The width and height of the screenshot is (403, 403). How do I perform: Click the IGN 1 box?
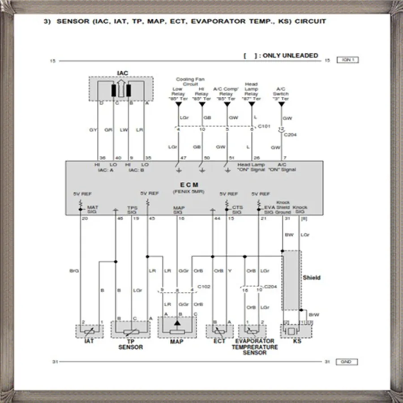tap(348, 60)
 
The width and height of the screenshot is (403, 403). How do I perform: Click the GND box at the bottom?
tap(348, 362)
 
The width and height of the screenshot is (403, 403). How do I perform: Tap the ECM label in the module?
tap(189, 184)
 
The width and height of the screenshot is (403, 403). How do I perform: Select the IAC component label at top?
tap(122, 73)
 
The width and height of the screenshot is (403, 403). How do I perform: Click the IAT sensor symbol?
tap(89, 332)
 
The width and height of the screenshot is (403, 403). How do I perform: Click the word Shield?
tap(312, 278)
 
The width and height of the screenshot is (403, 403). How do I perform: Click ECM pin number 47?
tap(183, 158)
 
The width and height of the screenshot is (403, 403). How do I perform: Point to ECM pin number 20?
tap(84, 219)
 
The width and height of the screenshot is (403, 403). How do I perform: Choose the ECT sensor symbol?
tap(219, 332)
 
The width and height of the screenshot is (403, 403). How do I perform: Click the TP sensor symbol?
tap(130, 332)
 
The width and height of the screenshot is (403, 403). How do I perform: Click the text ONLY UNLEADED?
tap(290, 56)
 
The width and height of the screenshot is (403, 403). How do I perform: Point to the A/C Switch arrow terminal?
tap(281, 104)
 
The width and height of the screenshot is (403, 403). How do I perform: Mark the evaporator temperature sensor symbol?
tap(253, 332)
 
